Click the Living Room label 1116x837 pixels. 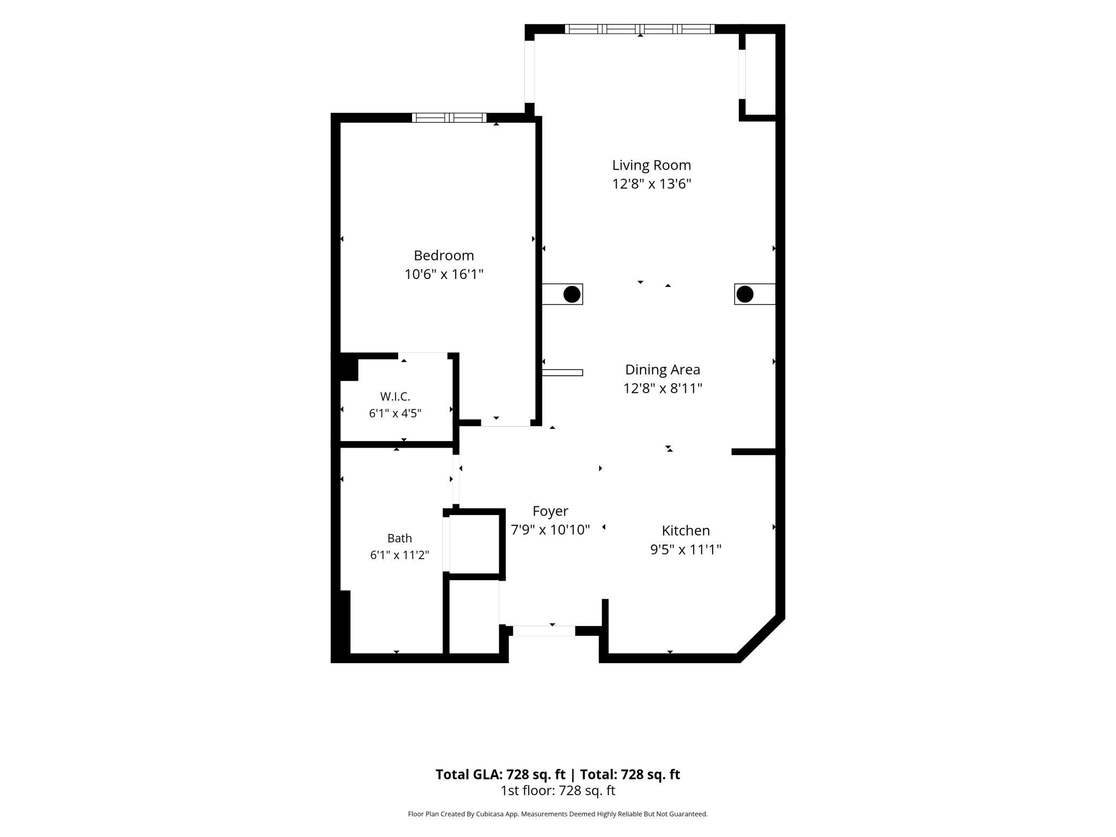point(651,165)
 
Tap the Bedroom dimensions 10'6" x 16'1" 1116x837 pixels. point(444,274)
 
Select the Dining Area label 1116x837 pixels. point(663,370)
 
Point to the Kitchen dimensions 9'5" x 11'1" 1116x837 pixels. point(686,549)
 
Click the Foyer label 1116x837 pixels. point(550,511)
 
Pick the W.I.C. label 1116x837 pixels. point(395,397)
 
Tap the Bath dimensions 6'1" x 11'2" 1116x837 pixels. point(399,555)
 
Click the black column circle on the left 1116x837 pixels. point(572,294)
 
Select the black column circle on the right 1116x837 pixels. point(745,294)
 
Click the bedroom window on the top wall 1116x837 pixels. point(449,118)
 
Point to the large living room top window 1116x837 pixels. point(640,29)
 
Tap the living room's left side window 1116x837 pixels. point(530,72)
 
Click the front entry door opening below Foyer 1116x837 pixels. point(544,631)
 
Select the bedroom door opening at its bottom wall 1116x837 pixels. point(505,423)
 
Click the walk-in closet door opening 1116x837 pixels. point(423,355)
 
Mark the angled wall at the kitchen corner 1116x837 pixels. point(761,639)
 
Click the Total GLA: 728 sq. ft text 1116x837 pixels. point(500,774)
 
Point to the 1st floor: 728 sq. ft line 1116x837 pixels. point(558,790)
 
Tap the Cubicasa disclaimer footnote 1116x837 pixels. point(558,814)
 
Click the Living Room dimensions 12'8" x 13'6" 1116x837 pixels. point(651,184)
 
